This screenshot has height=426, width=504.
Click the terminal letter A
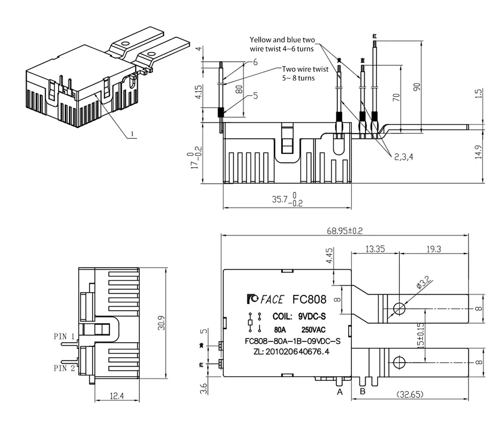pyautogui.click(x=339, y=393)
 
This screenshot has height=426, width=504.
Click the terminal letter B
pyautogui.click(x=362, y=393)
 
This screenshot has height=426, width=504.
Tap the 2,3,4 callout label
pyautogui.click(x=405, y=157)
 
